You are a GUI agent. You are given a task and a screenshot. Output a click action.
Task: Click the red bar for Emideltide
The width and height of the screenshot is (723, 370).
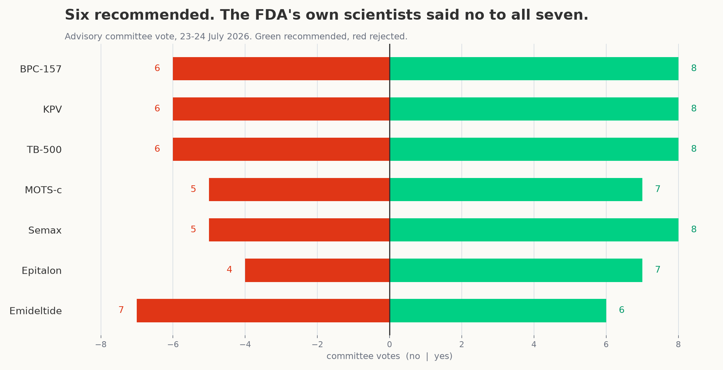coord(263,310)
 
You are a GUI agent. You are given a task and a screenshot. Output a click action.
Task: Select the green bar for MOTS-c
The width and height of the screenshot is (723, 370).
coord(516,190)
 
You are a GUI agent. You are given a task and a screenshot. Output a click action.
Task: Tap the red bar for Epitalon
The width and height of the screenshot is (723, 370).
coord(317,270)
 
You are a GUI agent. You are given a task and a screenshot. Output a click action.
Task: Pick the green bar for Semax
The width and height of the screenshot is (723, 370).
coord(534,230)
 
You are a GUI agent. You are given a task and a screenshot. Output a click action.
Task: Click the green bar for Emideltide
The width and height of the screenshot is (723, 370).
coord(498,310)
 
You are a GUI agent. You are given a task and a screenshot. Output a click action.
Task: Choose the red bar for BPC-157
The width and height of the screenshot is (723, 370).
coord(281,69)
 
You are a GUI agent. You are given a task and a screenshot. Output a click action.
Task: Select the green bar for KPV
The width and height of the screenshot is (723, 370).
coord(534,109)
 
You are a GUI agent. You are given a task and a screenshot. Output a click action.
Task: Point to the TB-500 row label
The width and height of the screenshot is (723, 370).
coord(44,150)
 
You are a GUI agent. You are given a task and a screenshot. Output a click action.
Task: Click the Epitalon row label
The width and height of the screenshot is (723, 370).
coord(42,270)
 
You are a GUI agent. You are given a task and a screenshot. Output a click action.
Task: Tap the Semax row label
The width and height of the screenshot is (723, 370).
coord(45,230)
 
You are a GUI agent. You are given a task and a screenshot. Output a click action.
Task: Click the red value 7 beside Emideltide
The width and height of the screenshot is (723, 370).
coord(121,310)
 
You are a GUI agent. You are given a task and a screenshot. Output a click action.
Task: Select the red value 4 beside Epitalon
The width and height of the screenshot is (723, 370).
coord(229,270)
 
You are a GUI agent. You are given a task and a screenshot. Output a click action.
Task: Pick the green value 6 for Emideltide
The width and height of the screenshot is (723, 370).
coord(622,310)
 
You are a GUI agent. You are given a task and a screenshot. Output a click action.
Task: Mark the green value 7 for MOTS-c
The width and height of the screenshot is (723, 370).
coord(658,189)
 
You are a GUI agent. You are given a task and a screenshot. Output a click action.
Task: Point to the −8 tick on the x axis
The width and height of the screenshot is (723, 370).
coord(101,344)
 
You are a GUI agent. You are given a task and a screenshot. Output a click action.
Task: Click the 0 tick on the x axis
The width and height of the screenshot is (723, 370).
coord(390,344)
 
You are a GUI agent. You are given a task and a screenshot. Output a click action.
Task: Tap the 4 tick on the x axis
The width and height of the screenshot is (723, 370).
coord(534,344)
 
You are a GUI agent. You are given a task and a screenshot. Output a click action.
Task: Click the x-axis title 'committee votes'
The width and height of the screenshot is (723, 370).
coord(363,356)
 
